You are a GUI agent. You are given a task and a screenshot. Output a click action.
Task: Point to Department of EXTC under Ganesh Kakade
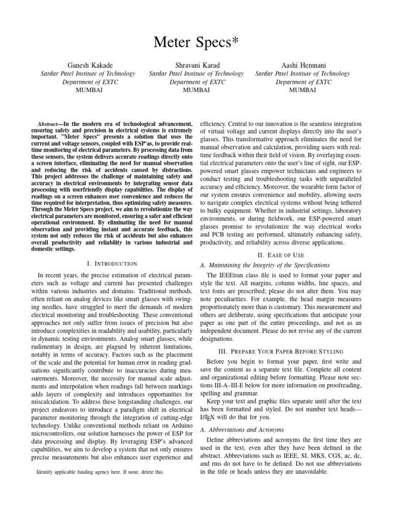pyautogui.click(x=88, y=81)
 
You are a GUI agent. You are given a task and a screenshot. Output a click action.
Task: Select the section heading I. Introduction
pyautogui.click(x=112, y=264)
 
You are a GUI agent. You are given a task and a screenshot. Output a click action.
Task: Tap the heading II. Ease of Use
pyautogui.click(x=280, y=255)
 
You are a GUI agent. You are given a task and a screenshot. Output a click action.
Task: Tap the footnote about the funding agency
pyautogui.click(x=100, y=472)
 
